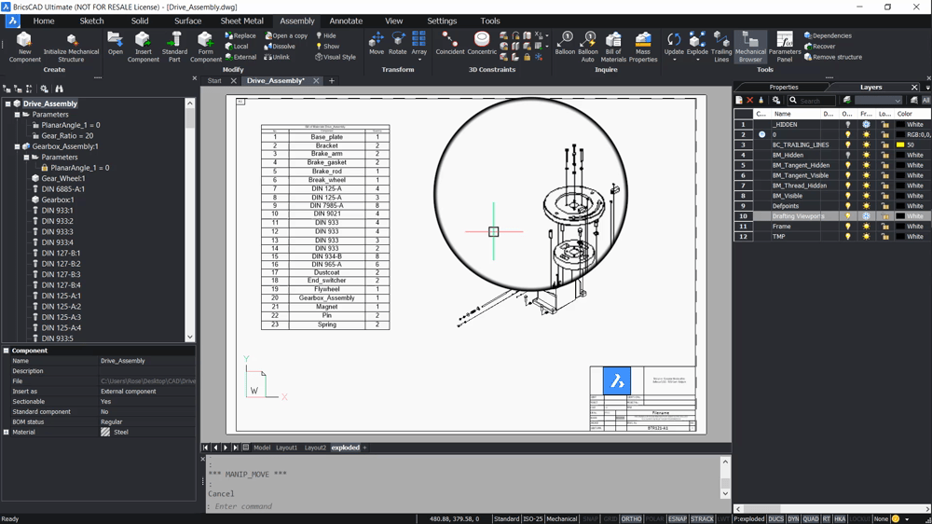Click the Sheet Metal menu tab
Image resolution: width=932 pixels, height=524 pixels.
(241, 21)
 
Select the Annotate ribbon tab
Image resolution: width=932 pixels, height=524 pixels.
(346, 21)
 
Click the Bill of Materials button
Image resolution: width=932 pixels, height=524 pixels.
(613, 47)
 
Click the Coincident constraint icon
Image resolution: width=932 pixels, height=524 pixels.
(450, 42)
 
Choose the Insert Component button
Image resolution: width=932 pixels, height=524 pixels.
(143, 47)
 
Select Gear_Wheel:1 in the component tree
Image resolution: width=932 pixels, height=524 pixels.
(62, 178)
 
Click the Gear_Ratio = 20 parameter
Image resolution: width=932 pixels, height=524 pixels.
(67, 136)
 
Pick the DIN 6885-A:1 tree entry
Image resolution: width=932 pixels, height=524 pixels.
(62, 189)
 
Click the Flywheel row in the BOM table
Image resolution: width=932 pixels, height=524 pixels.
(326, 290)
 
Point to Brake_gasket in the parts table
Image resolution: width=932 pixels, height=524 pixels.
(326, 162)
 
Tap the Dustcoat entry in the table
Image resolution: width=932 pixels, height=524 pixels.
(326, 273)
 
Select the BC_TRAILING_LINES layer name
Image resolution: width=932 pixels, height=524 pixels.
(800, 145)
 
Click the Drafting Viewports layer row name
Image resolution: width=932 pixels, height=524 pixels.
(798, 216)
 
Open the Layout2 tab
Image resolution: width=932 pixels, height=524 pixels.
(315, 448)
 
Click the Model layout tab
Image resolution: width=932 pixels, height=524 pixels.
(262, 448)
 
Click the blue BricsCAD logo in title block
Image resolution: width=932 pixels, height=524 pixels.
(616, 380)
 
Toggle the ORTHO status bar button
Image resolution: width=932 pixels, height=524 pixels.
(631, 518)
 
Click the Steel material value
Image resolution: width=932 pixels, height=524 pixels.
(120, 433)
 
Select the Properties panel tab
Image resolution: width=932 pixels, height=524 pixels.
(783, 87)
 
